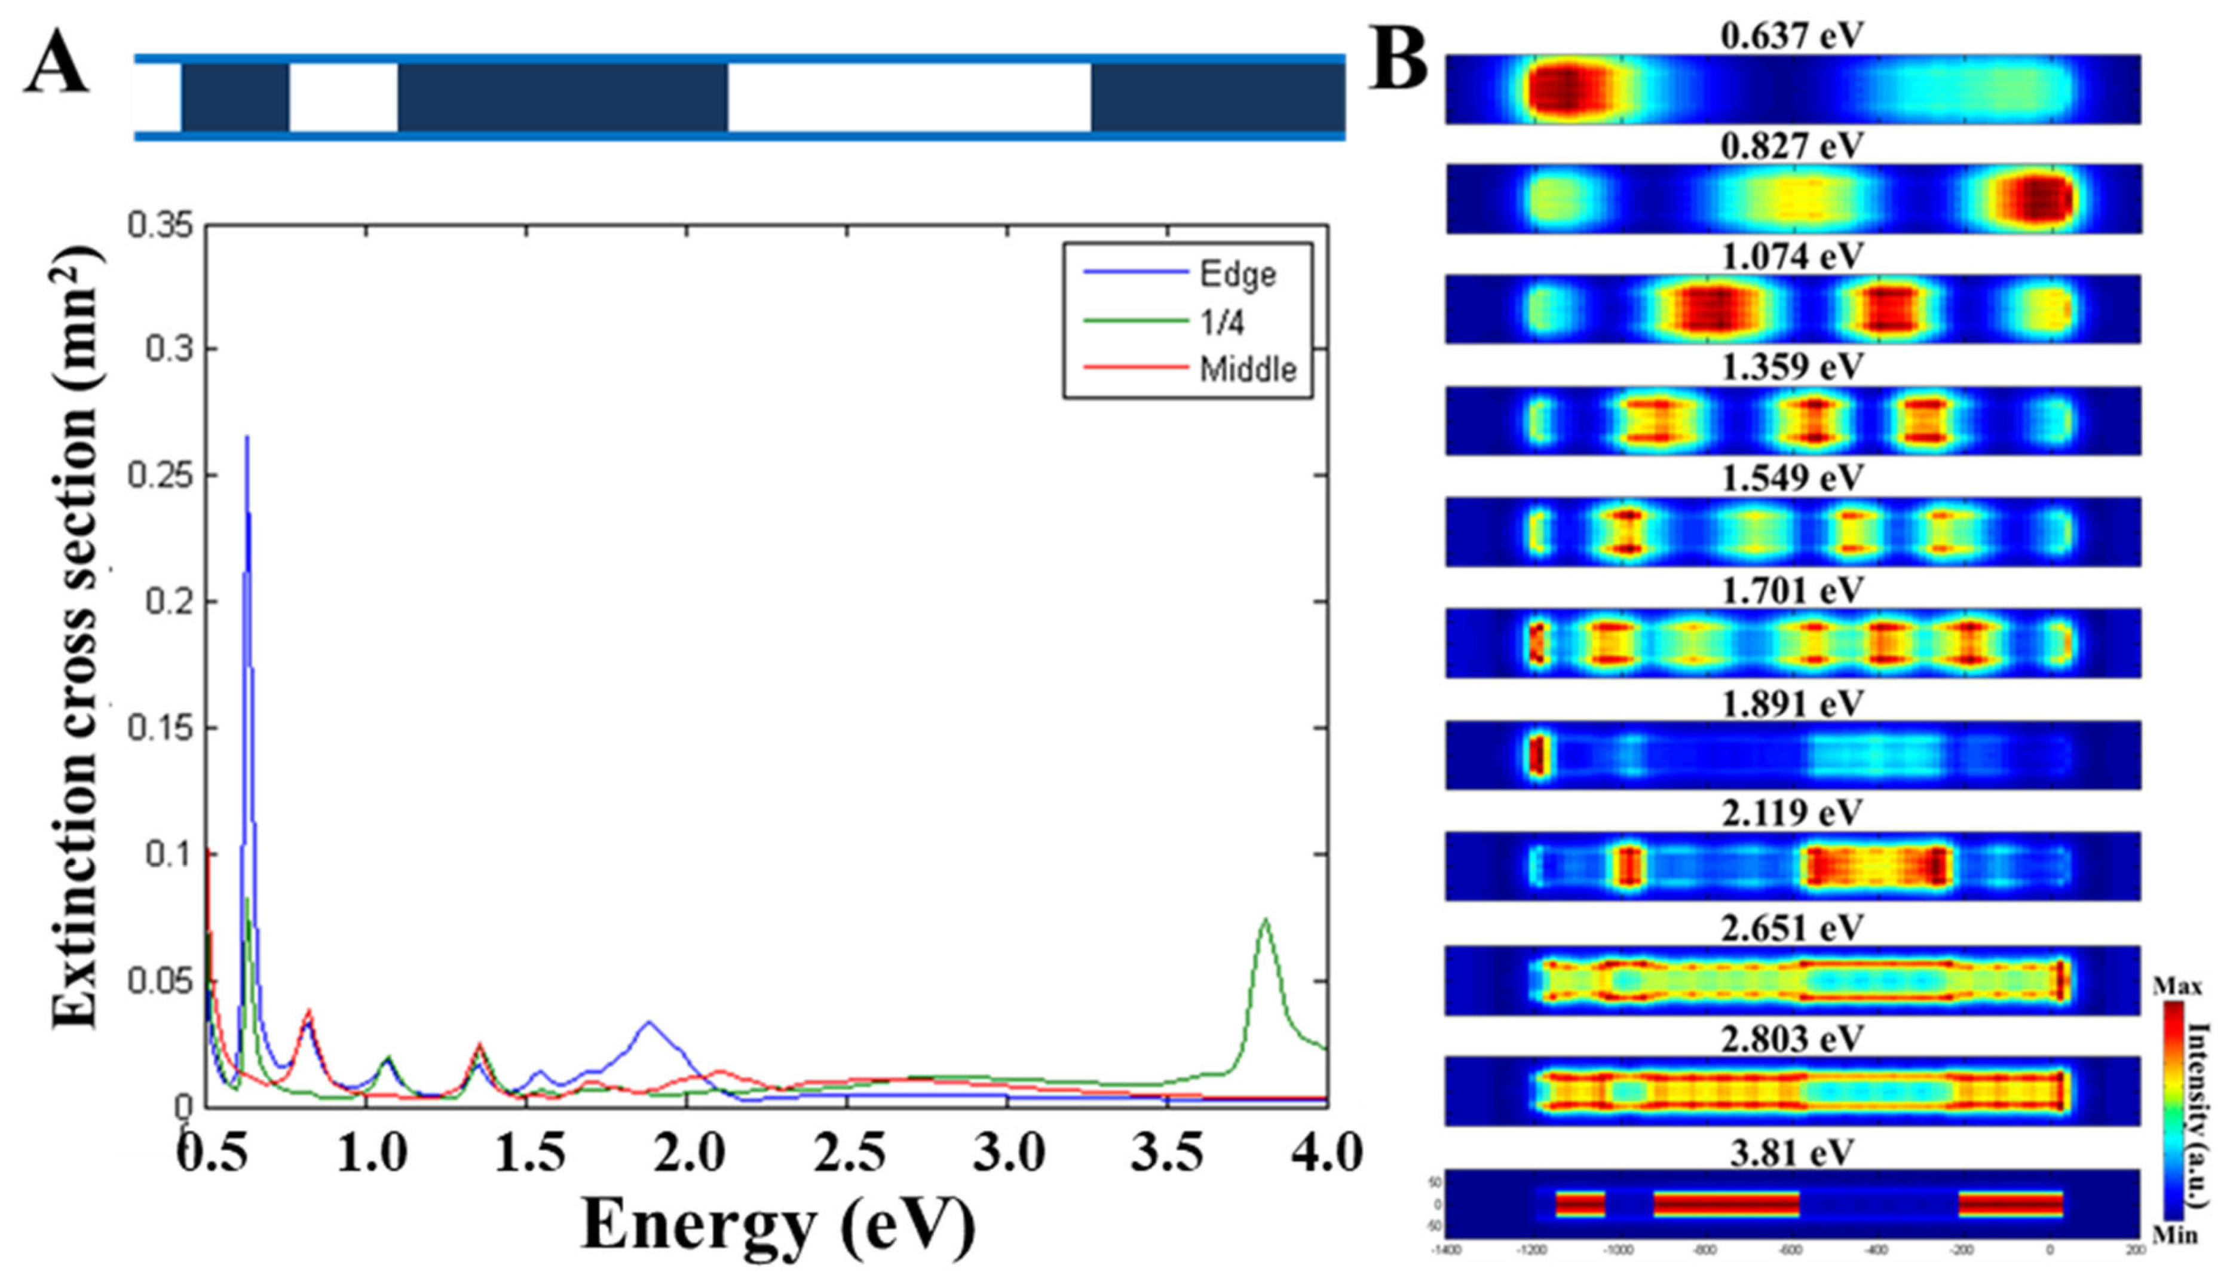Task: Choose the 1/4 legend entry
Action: coord(1221,323)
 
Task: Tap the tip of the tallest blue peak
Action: coord(247,437)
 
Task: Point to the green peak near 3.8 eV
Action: coord(1266,921)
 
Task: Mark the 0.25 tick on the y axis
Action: coord(160,476)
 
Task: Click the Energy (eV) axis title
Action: coord(778,1226)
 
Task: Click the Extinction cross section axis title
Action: coord(75,636)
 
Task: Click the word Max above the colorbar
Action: coord(2177,986)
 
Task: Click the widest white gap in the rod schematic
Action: coord(909,97)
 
